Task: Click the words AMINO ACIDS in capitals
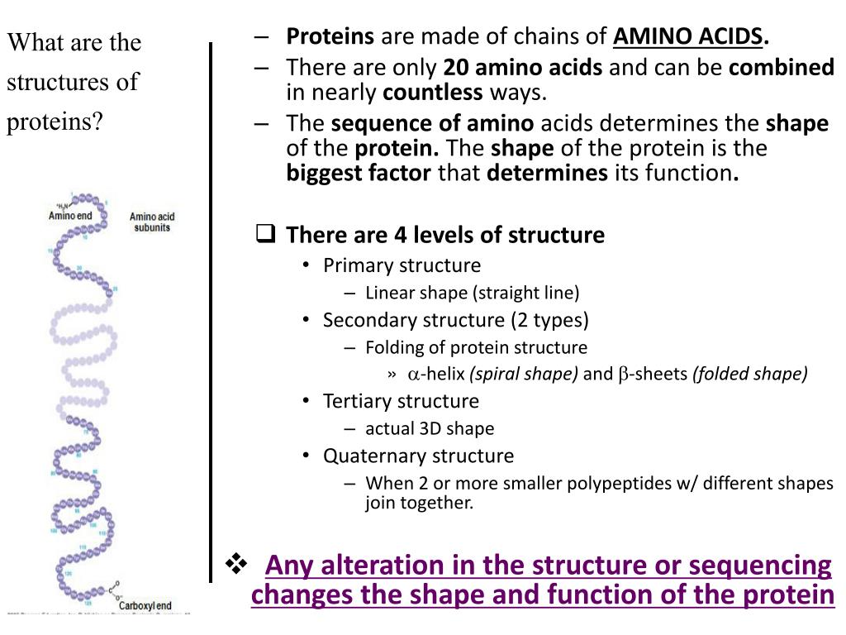tap(688, 36)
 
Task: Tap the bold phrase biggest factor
tap(359, 173)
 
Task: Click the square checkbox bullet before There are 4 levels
tap(265, 235)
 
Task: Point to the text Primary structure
tap(402, 265)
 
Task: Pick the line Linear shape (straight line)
tap(473, 293)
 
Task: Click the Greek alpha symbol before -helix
tap(414, 375)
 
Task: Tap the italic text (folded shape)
tap(750, 374)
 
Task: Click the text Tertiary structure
tap(401, 401)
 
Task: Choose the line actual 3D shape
tap(430, 428)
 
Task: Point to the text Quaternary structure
tap(418, 456)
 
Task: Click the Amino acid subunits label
tap(152, 222)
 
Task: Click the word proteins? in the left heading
tap(55, 122)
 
